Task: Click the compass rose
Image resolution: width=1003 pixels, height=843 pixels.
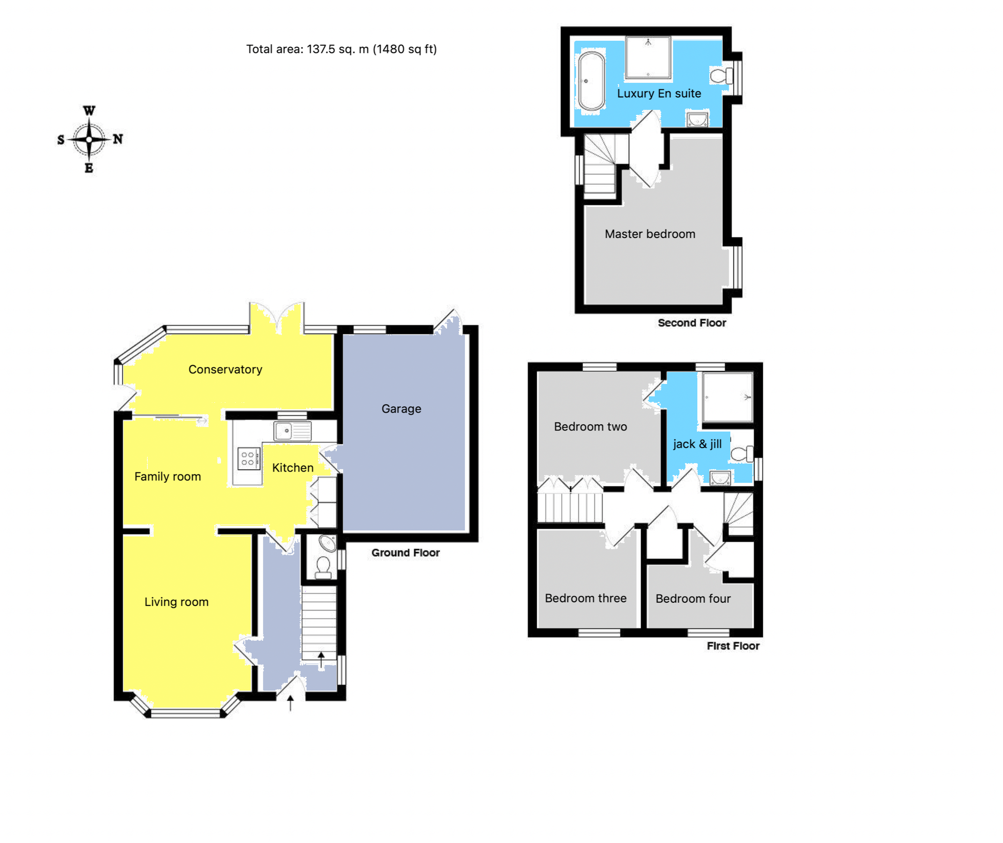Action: tap(89, 140)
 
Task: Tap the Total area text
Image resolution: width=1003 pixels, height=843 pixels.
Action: tap(341, 49)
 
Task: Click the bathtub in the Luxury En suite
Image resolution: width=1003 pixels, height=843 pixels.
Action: tap(591, 81)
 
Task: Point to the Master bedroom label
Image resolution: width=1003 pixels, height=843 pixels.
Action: tap(649, 234)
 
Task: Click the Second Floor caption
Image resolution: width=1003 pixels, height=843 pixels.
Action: tap(692, 323)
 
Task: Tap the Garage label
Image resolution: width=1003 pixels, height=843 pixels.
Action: tap(401, 409)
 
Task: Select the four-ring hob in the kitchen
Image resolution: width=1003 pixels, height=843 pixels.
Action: tap(249, 459)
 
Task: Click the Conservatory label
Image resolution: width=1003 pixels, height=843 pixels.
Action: tap(225, 370)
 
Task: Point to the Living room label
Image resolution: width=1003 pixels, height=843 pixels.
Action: tap(177, 602)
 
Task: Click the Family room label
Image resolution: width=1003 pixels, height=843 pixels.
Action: tap(167, 477)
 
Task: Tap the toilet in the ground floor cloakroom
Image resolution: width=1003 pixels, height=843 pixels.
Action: tap(324, 567)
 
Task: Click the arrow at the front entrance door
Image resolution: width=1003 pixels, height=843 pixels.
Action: tap(290, 703)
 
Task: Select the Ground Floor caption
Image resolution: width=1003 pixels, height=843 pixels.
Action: tap(405, 553)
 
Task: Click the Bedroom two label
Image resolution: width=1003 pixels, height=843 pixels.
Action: tap(590, 427)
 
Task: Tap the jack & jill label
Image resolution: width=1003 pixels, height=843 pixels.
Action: tap(697, 444)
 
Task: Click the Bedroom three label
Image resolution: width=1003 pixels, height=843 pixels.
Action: tap(585, 599)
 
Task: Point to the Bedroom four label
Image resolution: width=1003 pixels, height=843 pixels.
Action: tap(693, 599)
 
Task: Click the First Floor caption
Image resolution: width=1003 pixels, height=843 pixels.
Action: tap(732, 646)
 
